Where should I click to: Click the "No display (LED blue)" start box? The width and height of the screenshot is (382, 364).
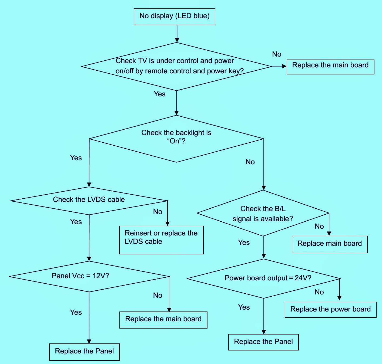174,17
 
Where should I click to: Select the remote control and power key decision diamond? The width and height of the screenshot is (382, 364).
176,66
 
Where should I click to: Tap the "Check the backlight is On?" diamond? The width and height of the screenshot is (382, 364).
176,139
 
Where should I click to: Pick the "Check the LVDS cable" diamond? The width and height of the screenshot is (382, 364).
89,201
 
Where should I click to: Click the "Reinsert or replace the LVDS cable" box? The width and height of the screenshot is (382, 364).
161,240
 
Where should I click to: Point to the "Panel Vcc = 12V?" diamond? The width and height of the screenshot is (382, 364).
89,276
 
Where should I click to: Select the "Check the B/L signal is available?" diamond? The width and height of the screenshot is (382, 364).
263,213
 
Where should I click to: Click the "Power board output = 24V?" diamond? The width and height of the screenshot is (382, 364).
263,278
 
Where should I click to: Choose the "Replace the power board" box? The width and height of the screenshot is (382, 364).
330,310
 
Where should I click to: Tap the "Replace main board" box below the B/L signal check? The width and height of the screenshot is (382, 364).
330,244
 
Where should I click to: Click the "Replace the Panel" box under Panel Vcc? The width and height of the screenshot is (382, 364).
84,352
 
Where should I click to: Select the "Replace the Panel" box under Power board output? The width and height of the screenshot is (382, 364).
263,342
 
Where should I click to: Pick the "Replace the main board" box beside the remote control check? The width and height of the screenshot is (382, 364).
330,67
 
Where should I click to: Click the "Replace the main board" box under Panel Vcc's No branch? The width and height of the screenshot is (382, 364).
163,320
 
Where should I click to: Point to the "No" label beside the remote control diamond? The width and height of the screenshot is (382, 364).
277,54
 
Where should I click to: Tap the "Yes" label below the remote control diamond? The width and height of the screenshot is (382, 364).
159,94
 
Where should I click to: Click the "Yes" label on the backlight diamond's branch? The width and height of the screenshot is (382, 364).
76,158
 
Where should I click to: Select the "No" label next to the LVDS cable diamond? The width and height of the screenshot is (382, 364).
158,212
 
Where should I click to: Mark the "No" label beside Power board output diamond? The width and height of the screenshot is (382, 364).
319,292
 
